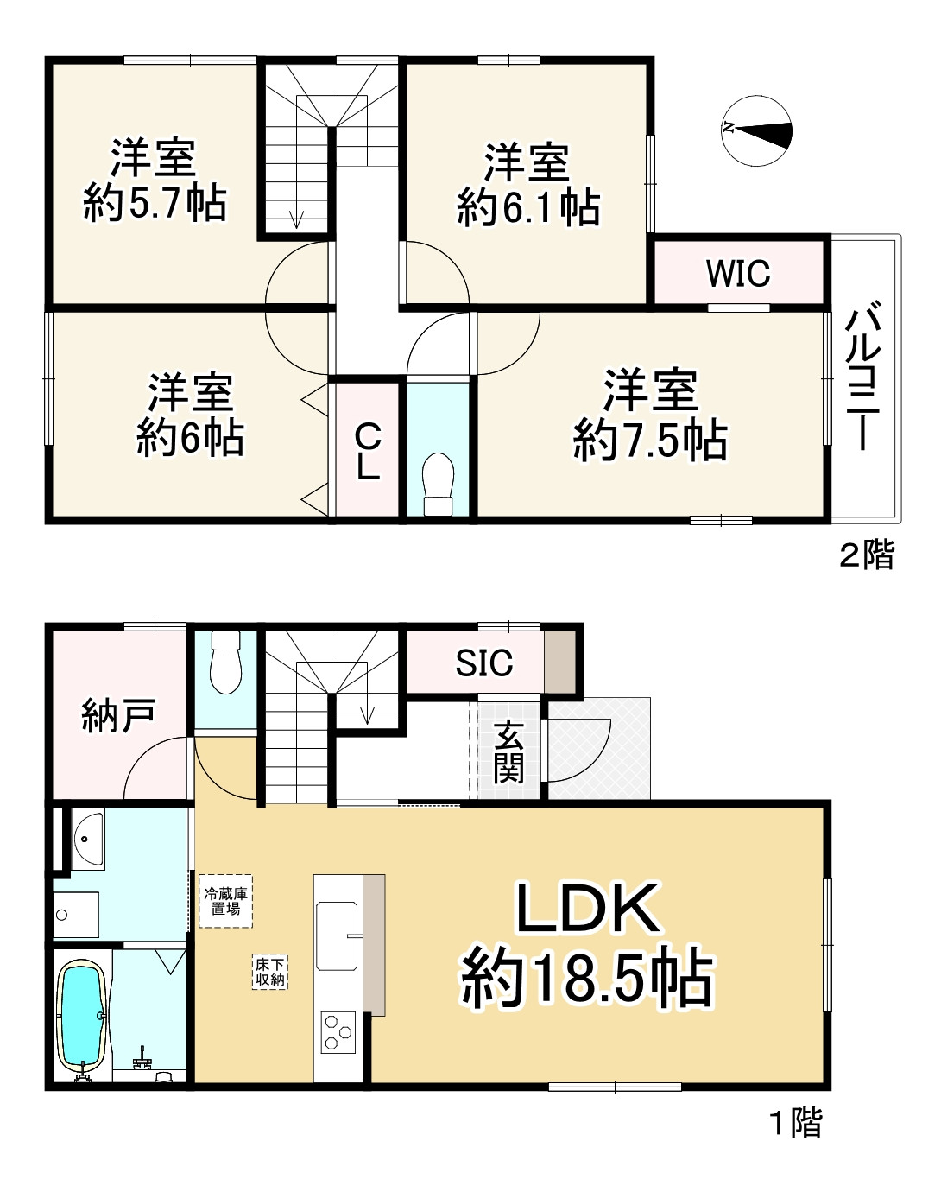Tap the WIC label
738,274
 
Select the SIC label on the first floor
483,663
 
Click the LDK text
588,908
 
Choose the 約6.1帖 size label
528,208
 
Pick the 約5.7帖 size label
155,204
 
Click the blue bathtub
82,1017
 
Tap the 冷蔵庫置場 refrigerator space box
225,901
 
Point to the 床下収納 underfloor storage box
269,972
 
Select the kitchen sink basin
337,935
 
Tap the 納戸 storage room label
118,716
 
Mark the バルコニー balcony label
862,376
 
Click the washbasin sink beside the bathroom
87,836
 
